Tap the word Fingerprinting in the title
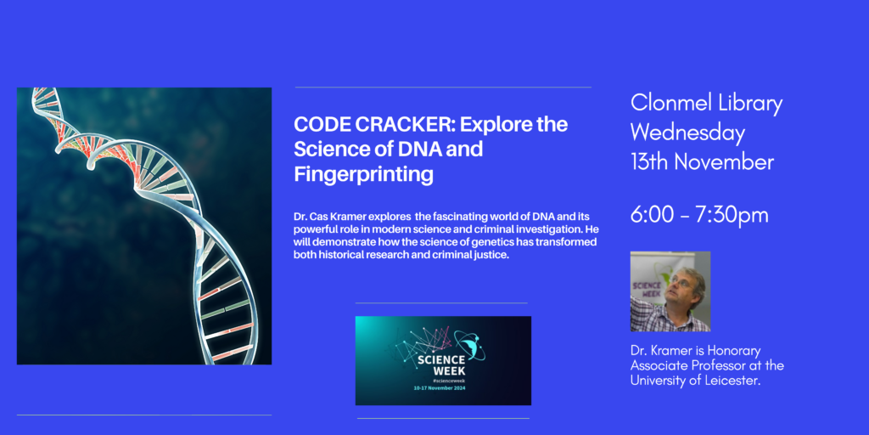[363, 175]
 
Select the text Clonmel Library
[706, 104]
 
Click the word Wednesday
[687, 133]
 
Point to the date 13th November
[702, 161]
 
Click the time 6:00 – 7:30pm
[699, 215]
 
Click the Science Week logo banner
[443, 360]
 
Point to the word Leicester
[726, 380]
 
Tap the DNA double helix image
[144, 226]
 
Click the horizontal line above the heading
[443, 87]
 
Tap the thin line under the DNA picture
[144, 415]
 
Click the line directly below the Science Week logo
[443, 418]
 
